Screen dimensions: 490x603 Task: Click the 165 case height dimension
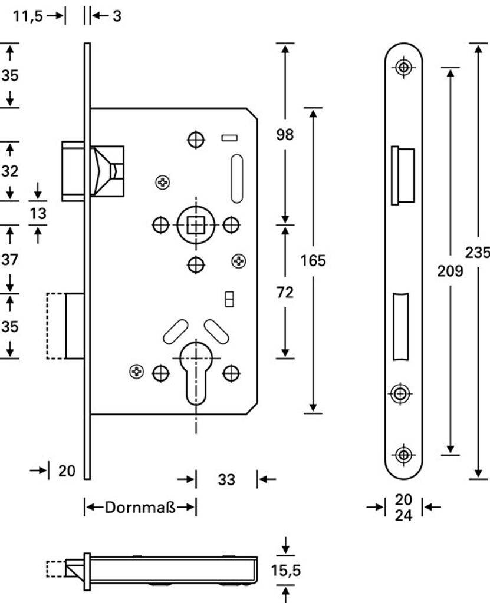pos(313,260)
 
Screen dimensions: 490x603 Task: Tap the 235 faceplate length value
pos(477,253)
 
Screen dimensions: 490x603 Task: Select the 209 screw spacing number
pos(450,271)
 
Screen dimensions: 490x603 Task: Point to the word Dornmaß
pos(140,507)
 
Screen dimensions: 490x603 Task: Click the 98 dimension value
pos(285,135)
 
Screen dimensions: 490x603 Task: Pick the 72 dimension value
pos(285,293)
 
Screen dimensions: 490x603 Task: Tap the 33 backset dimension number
pos(226,479)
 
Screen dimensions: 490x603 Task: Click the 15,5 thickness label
pos(285,570)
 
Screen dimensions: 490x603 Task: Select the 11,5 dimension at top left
pos(28,16)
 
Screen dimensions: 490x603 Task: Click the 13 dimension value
pos(38,213)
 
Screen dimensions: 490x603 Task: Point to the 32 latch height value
pos(9,171)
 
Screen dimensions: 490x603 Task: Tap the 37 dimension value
pos(9,260)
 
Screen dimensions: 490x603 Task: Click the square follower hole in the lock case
pos(196,226)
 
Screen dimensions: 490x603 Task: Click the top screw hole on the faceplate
pos(404,68)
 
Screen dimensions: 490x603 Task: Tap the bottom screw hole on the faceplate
pos(404,455)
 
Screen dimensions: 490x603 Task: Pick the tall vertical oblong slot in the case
pos(237,178)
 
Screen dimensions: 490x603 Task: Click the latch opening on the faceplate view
pos(403,175)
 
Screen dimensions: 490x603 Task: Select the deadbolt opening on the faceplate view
pos(400,327)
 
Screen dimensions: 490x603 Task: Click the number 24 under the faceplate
pos(403,515)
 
